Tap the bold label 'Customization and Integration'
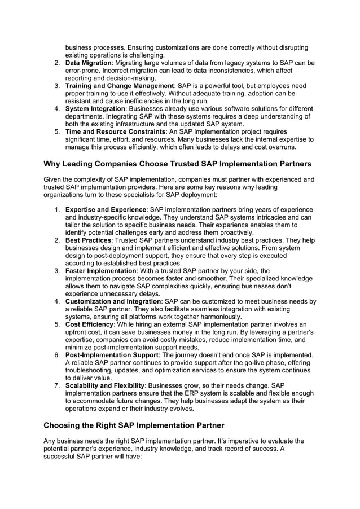[113, 302]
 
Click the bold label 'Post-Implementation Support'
[112, 355]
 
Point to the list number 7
[57, 385]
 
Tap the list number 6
[57, 355]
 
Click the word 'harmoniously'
[217, 317]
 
